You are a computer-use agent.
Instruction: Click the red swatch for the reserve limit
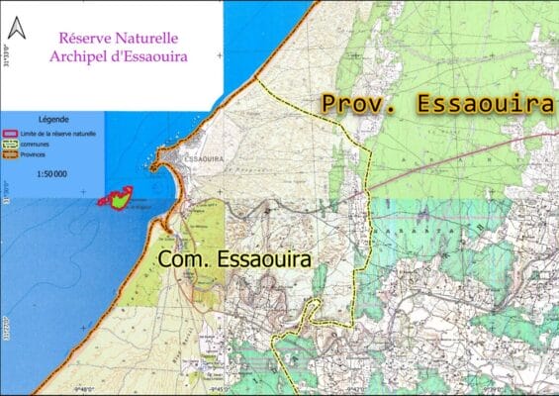pyautogui.click(x=12, y=134)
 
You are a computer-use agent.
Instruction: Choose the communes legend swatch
pyautogui.click(x=12, y=144)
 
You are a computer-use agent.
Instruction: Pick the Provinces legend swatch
pyautogui.click(x=12, y=153)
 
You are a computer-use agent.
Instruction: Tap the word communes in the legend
pyautogui.click(x=35, y=144)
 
